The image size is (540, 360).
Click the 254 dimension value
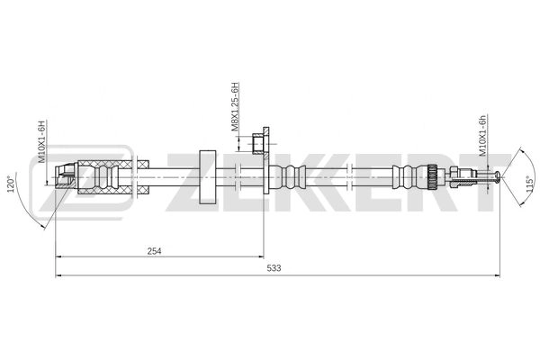(x=155, y=251)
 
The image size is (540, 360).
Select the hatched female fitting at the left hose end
(x=65, y=175)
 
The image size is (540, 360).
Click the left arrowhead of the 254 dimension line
(x=59, y=259)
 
